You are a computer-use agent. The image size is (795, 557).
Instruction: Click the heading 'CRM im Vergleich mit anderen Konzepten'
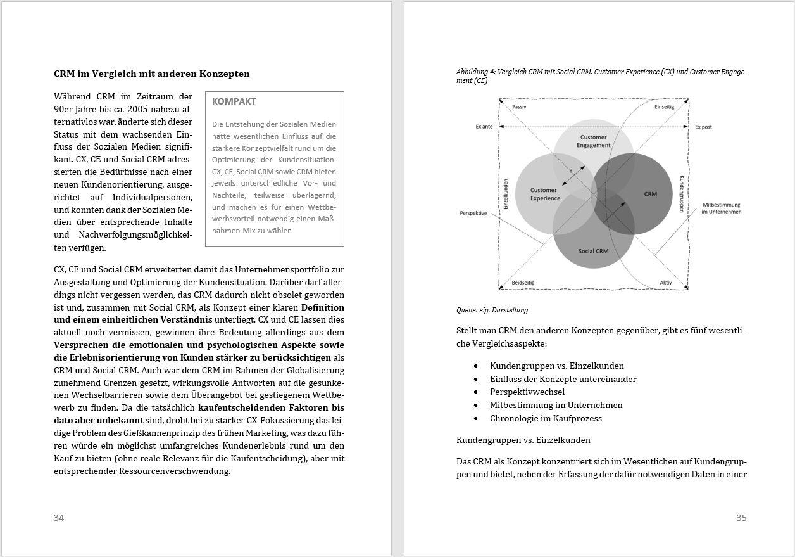pos(151,74)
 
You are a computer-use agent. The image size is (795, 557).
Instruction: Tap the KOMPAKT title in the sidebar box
pos(234,101)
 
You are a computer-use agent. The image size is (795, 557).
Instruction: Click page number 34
pos(59,518)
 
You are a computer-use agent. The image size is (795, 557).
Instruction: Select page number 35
pos(741,518)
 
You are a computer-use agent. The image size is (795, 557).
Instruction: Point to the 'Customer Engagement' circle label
pos(593,141)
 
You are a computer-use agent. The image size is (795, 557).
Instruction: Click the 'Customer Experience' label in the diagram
pos(544,194)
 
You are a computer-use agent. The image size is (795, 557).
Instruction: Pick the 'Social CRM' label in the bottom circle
pos(593,251)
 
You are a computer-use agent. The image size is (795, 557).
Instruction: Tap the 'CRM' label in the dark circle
pos(650,194)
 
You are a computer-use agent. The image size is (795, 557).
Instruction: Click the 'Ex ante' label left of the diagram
pos(484,127)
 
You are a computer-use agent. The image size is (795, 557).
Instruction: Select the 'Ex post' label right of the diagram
pos(703,127)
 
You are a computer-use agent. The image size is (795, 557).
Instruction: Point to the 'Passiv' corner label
pos(519,107)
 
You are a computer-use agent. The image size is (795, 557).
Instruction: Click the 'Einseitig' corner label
pos(664,107)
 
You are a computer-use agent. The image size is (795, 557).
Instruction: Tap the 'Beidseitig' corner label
pos(523,283)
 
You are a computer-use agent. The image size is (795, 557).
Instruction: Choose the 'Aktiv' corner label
pos(666,283)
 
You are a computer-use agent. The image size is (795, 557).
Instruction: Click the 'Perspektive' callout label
pos(473,213)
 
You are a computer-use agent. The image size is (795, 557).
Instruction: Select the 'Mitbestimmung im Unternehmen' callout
pos(721,208)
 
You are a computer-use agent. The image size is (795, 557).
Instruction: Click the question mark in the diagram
pos(570,170)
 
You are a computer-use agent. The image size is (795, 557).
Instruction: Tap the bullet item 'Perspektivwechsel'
pos(527,392)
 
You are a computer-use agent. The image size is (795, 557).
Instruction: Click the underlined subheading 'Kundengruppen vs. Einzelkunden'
pos(523,440)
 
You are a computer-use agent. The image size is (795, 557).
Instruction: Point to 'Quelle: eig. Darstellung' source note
pos(492,310)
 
